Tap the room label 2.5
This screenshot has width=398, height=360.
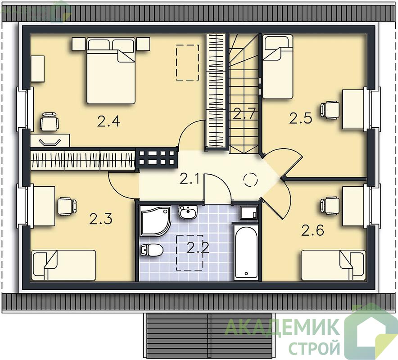301,117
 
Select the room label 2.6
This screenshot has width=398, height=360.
313,230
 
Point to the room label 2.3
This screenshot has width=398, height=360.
100,219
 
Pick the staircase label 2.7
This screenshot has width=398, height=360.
244,113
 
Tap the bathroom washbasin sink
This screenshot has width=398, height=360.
188,212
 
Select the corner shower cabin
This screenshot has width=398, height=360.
155,220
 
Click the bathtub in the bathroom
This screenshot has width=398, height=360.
246,252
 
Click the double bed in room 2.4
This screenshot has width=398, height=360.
111,71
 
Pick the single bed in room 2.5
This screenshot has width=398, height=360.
277,67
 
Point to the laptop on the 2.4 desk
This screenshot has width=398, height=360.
50,142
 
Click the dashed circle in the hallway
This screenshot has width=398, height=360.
250,180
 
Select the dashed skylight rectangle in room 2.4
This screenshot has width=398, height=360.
187,63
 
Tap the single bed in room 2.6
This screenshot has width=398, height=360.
333,265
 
